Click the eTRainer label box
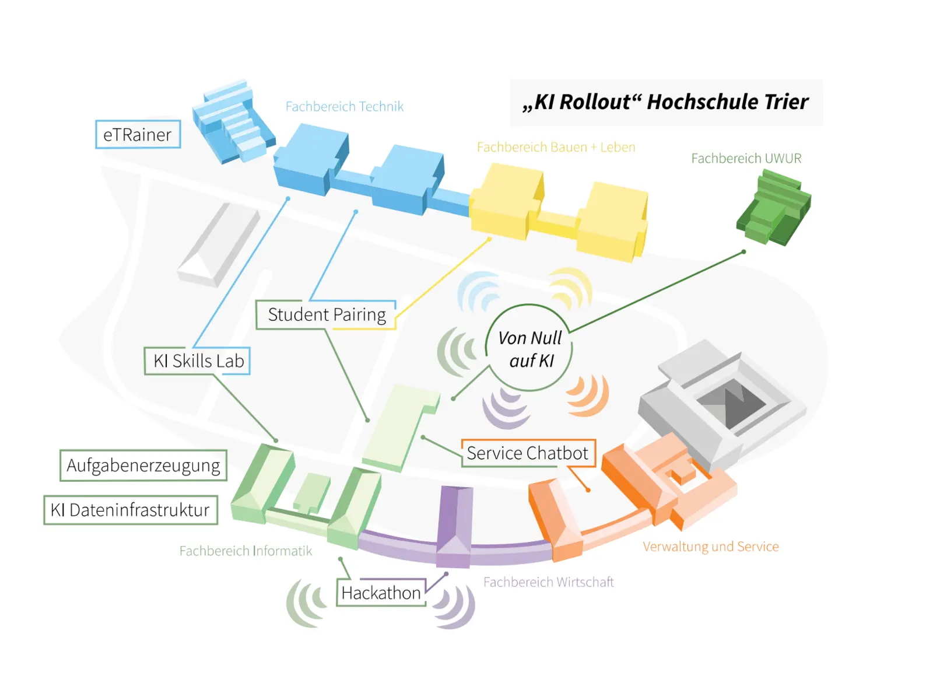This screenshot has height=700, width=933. click(x=138, y=134)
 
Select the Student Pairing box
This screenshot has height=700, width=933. click(x=326, y=314)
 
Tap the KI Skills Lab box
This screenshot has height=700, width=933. click(x=198, y=360)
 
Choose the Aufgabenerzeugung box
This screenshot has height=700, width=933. click(x=143, y=466)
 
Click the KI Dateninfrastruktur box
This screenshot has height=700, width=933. click(x=131, y=510)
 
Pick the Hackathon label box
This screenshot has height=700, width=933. click(x=381, y=593)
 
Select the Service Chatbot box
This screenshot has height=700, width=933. click(x=528, y=453)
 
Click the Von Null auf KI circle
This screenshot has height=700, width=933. click(x=529, y=348)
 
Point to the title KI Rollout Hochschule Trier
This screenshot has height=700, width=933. click(x=665, y=102)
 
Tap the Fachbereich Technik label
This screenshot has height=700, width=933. click(x=344, y=107)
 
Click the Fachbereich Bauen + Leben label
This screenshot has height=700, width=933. click(x=556, y=147)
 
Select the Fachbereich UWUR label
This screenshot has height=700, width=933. click(x=746, y=158)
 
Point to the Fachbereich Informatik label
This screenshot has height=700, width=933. click(x=245, y=551)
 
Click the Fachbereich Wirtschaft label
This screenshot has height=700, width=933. click(x=548, y=582)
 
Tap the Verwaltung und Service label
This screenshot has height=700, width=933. click(x=710, y=547)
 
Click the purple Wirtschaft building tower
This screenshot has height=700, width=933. click(x=454, y=525)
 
